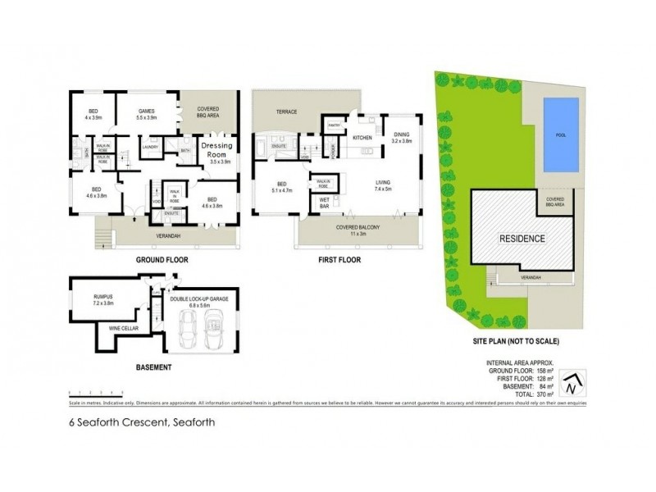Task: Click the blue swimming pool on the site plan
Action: click(x=560, y=134)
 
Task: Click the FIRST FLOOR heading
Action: click(x=335, y=259)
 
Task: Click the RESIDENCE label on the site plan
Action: click(x=522, y=239)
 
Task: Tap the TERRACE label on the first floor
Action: click(x=286, y=112)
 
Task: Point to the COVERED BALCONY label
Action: click(x=355, y=230)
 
